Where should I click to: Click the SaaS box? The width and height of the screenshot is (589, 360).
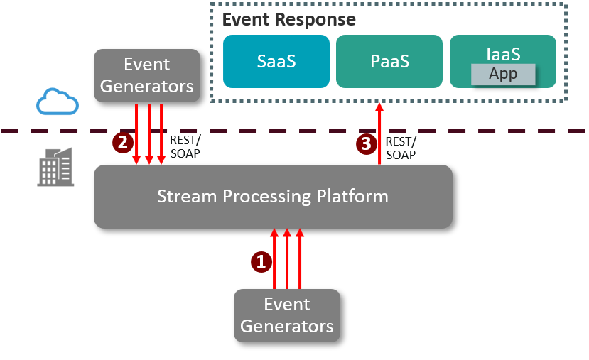276,61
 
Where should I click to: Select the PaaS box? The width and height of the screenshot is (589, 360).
389,61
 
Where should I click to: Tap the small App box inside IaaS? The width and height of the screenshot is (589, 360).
503,74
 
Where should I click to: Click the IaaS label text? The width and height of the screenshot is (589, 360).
503,53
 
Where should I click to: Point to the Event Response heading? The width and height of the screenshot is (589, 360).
289,19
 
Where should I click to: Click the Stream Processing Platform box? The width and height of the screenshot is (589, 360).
273,197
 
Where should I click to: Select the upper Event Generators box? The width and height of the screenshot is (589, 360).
147,75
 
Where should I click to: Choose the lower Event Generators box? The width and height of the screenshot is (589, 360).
287,315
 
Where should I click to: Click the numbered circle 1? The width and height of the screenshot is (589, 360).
261,262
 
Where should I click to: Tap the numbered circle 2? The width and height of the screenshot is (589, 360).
122,142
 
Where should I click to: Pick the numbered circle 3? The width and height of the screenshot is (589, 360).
366,144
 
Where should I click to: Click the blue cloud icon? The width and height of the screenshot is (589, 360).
58,102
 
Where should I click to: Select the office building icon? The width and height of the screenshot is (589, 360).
56,167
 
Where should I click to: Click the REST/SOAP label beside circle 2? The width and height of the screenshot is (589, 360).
184,147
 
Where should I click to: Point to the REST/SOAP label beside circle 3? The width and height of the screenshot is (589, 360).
400,148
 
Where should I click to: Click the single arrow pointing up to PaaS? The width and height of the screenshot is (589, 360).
379,135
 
